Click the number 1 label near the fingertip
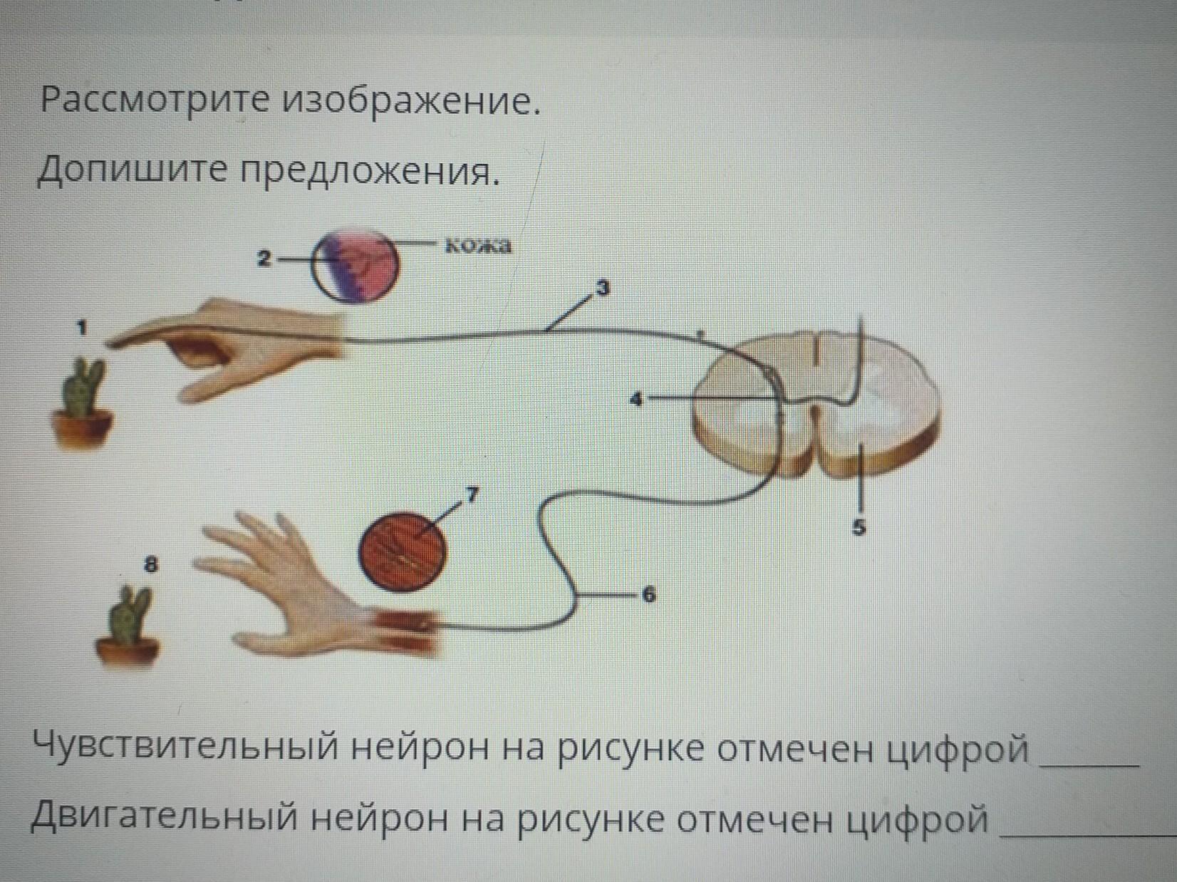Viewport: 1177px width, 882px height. tap(83, 328)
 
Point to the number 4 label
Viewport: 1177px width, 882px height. tap(638, 400)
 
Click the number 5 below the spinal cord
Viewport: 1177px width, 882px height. tap(859, 528)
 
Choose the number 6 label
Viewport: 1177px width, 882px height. tap(648, 595)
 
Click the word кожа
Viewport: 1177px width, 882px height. tap(479, 247)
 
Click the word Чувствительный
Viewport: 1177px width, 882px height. tap(188, 749)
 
